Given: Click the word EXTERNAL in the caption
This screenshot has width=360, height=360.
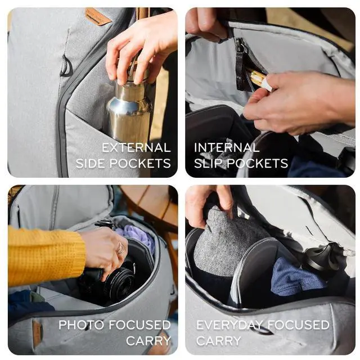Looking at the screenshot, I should click(136, 148).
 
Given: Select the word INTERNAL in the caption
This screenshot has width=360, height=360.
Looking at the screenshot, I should click(227, 148).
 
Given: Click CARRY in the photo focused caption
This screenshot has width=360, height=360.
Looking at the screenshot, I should click(148, 341).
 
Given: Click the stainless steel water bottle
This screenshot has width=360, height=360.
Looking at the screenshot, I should click(130, 110).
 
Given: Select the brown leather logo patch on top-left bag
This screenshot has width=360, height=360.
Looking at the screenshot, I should click(98, 16).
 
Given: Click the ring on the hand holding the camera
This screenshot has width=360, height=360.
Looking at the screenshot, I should click(120, 248).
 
